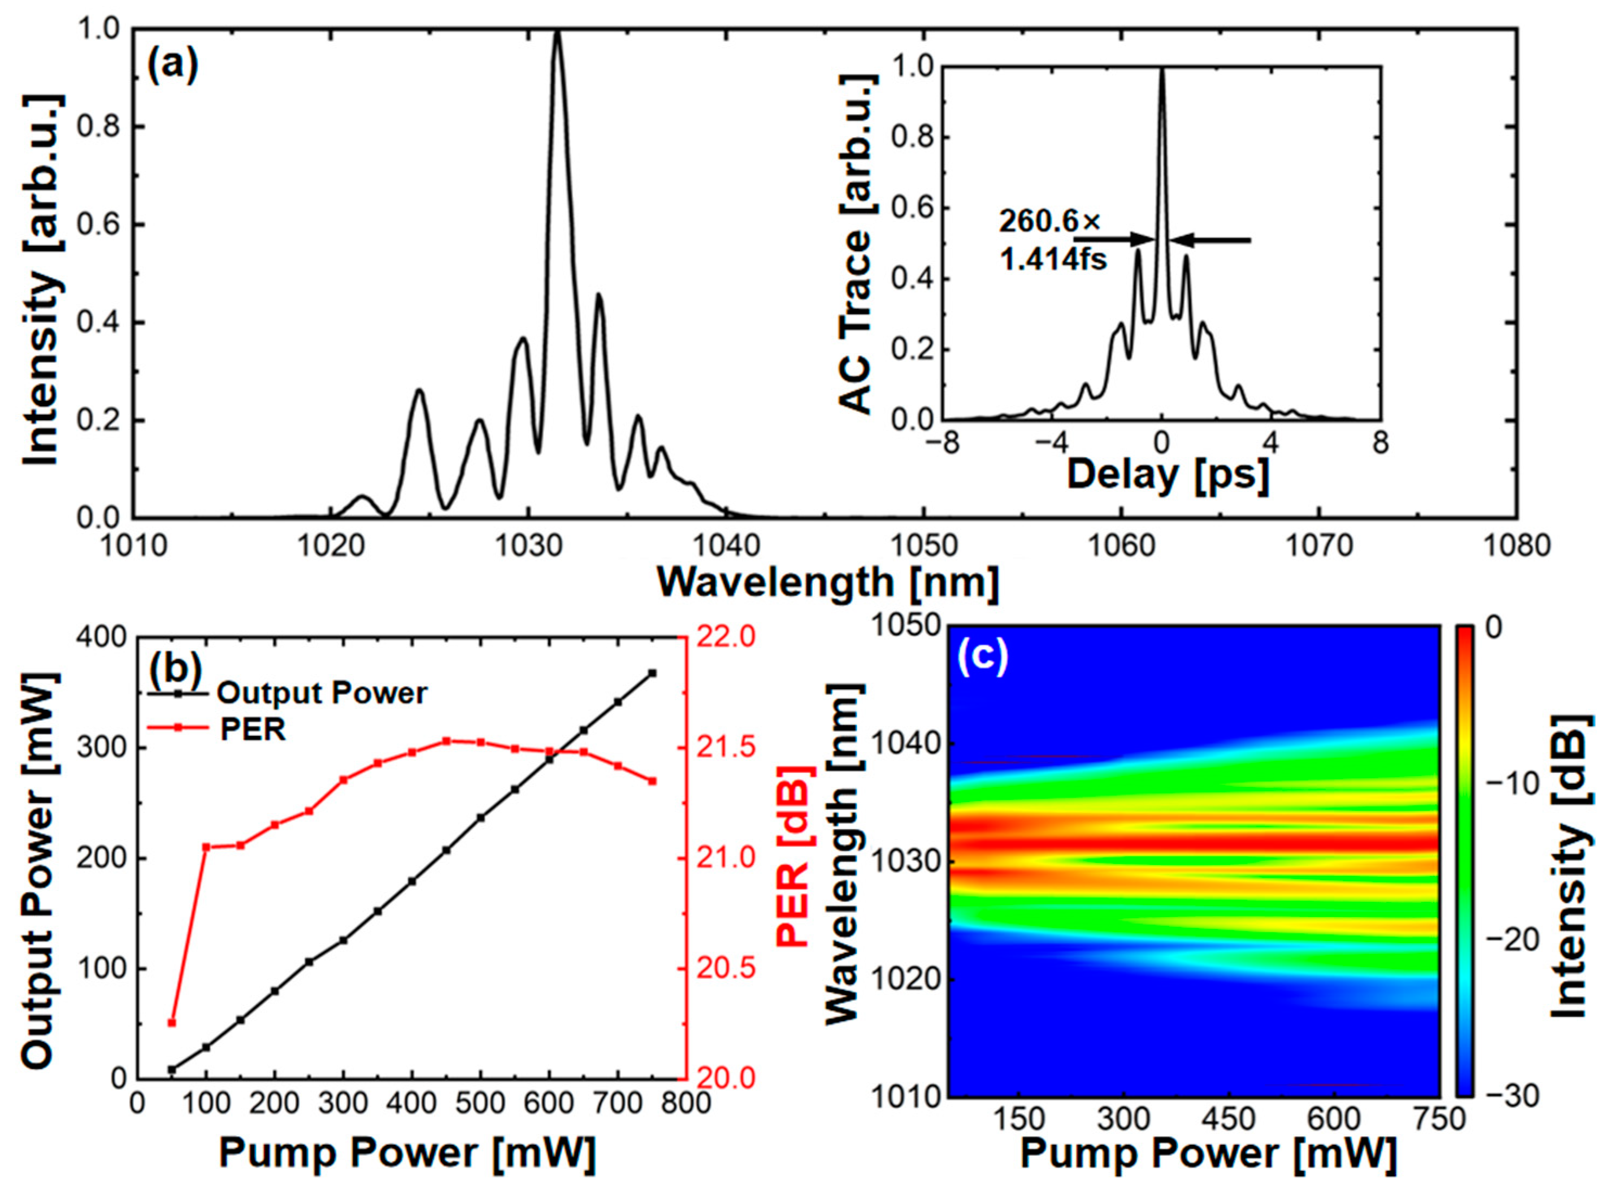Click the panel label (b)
[175, 668]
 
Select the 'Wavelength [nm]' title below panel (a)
[827, 581]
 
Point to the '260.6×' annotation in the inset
[1049, 221]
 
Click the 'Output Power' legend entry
[322, 693]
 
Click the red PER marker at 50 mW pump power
[172, 1022]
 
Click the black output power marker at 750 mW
[652, 672]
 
